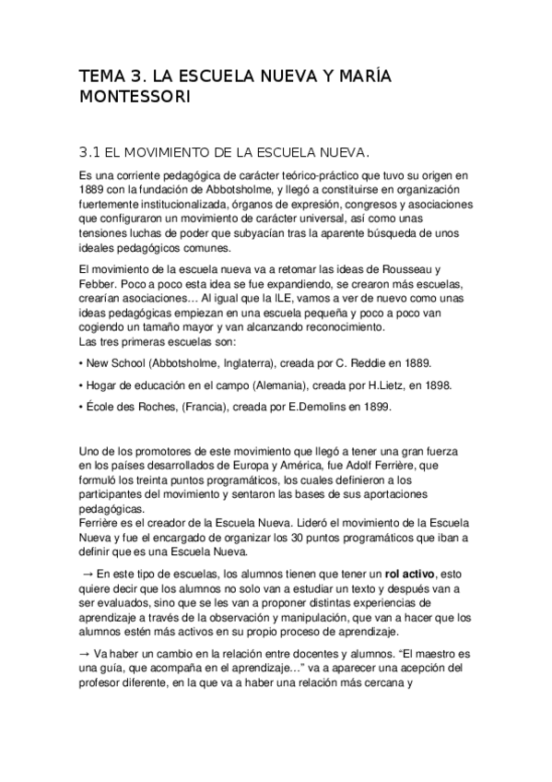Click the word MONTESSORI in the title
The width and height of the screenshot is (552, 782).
135,97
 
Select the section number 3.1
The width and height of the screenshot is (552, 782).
91,150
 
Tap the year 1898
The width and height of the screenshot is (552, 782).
413,383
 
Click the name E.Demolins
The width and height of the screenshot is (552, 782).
307,407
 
